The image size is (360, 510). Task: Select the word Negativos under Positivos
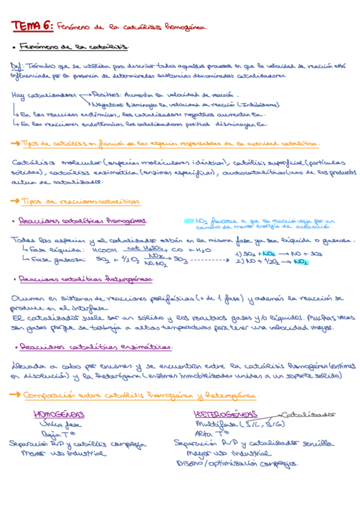[109, 103]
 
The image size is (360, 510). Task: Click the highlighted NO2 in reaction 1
[269, 254]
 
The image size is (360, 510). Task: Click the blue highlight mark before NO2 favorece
[189, 221]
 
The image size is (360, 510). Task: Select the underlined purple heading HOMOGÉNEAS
[59, 414]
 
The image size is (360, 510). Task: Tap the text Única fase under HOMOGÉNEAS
[58, 424]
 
